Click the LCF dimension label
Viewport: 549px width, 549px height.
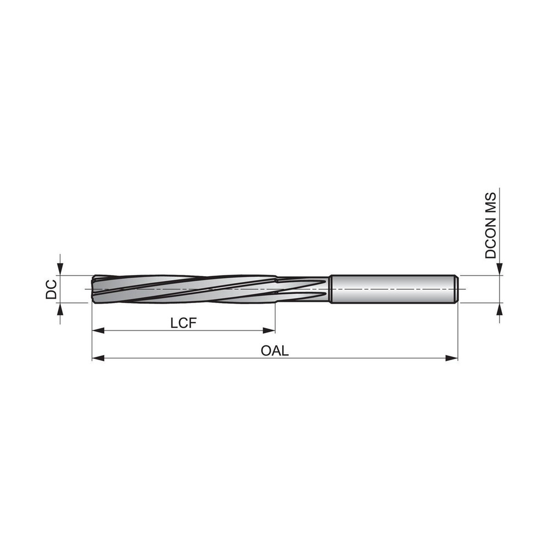(x=183, y=323)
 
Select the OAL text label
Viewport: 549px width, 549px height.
(x=274, y=351)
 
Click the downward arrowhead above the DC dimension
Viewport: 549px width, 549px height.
(x=60, y=268)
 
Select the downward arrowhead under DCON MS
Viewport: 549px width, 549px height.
(x=499, y=268)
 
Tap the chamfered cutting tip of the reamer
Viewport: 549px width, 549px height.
(x=94, y=288)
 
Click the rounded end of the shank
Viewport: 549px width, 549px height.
(x=455, y=289)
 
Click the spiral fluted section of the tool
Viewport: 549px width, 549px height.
(x=181, y=288)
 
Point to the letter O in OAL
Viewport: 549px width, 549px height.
(x=266, y=351)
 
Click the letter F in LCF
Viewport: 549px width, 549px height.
(x=192, y=323)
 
